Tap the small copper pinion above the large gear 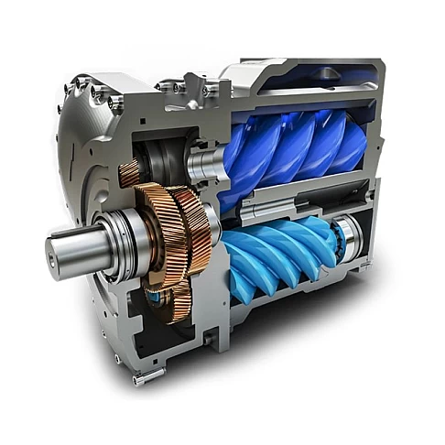131,172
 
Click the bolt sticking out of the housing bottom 140,378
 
